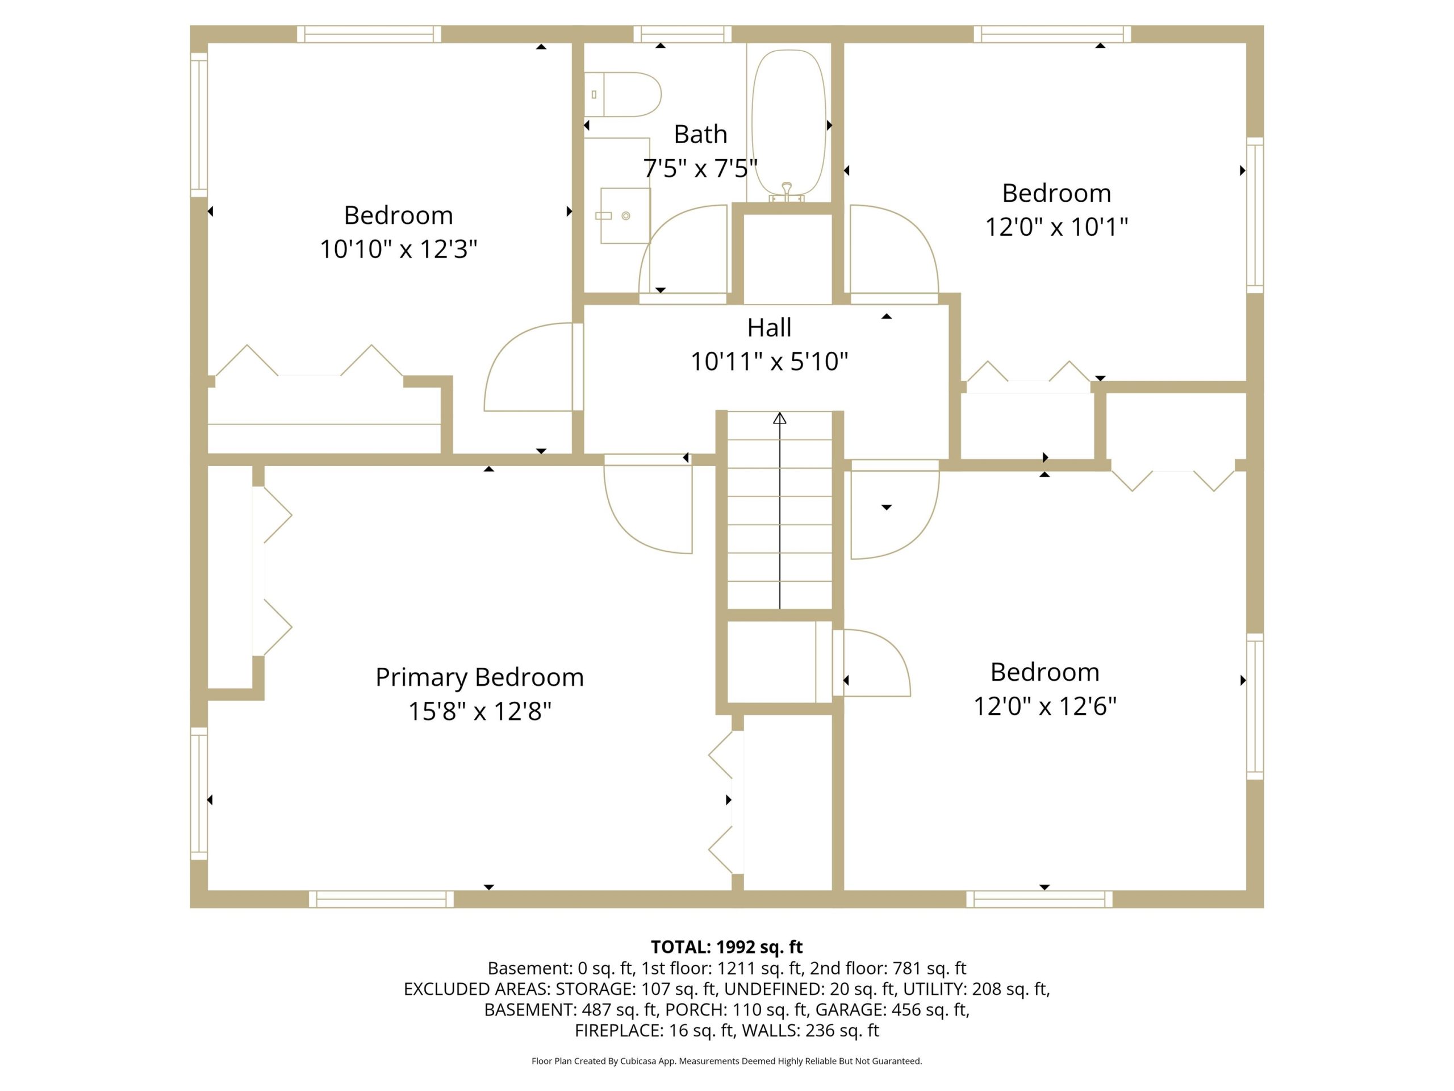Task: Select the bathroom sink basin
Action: [624, 216]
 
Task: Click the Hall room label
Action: [769, 327]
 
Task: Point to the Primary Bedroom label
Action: [479, 677]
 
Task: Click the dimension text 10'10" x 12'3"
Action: [398, 249]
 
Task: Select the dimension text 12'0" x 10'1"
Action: [1056, 227]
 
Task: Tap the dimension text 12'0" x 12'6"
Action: [1044, 706]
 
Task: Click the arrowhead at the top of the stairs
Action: [780, 418]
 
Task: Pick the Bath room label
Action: [701, 134]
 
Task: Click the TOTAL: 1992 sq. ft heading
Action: [726, 947]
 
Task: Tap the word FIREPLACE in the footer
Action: [617, 1031]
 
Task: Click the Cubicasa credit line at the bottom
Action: [726, 1061]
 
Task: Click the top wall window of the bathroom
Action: [682, 34]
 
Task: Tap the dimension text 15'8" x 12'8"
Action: [479, 711]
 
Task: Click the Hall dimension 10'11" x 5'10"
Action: [769, 362]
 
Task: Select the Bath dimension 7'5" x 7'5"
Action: [701, 168]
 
